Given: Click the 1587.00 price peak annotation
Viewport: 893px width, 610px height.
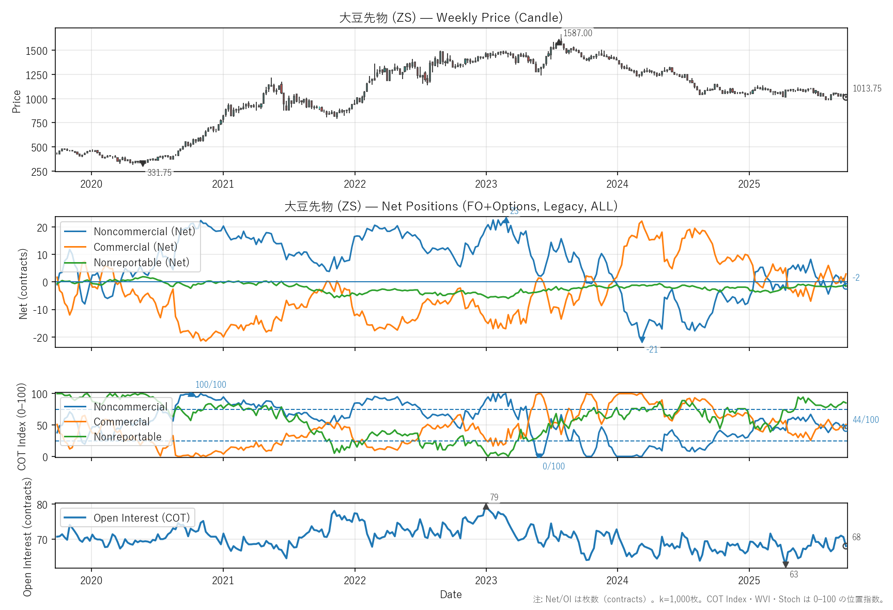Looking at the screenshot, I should [x=577, y=33].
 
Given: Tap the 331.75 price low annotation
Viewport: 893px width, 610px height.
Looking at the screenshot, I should [x=159, y=173].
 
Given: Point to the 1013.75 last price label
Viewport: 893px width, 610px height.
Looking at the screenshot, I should [x=867, y=88].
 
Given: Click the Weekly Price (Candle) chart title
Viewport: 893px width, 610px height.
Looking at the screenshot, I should [x=451, y=18].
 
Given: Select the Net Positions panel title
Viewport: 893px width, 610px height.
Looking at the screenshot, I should [x=451, y=206].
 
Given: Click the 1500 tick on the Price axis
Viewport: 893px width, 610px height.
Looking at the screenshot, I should [x=36, y=51].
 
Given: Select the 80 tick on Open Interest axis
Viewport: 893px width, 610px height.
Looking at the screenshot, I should [x=42, y=505].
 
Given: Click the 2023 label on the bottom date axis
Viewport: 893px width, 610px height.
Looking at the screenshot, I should [x=486, y=580].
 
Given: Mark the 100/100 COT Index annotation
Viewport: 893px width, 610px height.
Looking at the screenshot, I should [x=210, y=385].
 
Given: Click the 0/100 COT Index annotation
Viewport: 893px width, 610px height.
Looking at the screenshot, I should [x=553, y=466].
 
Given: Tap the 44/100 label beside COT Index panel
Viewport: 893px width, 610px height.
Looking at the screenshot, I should [x=866, y=420].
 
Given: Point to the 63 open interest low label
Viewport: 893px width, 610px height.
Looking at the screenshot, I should [x=794, y=574].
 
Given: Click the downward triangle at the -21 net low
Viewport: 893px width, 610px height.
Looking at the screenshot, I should [x=642, y=340].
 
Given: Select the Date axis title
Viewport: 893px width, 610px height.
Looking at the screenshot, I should [x=451, y=594].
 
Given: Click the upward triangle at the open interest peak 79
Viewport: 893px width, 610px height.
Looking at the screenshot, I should [x=486, y=507].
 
